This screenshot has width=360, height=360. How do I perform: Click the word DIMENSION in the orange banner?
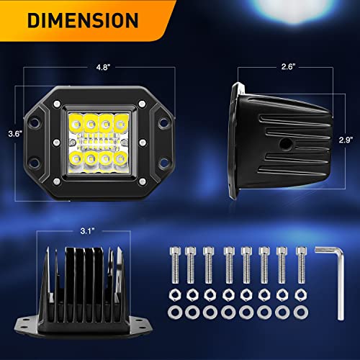pyautogui.click(x=83, y=20)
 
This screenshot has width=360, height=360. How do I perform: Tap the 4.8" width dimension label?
pyautogui.click(x=103, y=67)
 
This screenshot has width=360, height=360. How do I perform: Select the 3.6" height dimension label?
pyautogui.click(x=15, y=134)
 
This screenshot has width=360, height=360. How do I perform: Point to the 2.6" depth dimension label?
pyautogui.click(x=288, y=66)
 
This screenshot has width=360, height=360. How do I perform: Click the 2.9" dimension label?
pyautogui.click(x=346, y=140)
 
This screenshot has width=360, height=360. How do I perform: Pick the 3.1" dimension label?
pyautogui.click(x=87, y=231)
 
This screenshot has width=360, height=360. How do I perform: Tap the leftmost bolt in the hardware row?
pyautogui.click(x=175, y=265)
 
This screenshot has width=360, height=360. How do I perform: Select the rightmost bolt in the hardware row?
pyautogui.click(x=301, y=265)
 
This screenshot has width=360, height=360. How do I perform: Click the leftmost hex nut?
pyautogui.click(x=175, y=295)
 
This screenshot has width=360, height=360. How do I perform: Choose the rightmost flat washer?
pyautogui.click(x=301, y=312)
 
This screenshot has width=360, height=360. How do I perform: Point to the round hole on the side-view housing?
pyautogui.click(x=286, y=144)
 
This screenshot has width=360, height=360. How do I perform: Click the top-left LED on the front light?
pyautogui.click(x=76, y=124)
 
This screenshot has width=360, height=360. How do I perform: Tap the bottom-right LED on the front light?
pyautogui.click(x=121, y=158)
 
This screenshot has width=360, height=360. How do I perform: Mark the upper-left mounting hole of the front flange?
pyautogui.click(x=35, y=122)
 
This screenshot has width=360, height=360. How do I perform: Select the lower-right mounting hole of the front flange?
pyautogui.click(x=163, y=162)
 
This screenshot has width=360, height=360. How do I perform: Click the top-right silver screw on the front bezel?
pyautogui.click(x=142, y=104)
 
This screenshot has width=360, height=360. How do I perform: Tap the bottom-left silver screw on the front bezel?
pyautogui.click(x=57, y=181)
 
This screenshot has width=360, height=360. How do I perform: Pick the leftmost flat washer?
pyautogui.click(x=175, y=312)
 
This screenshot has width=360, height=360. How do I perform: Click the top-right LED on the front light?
pyautogui.click(x=121, y=124)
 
